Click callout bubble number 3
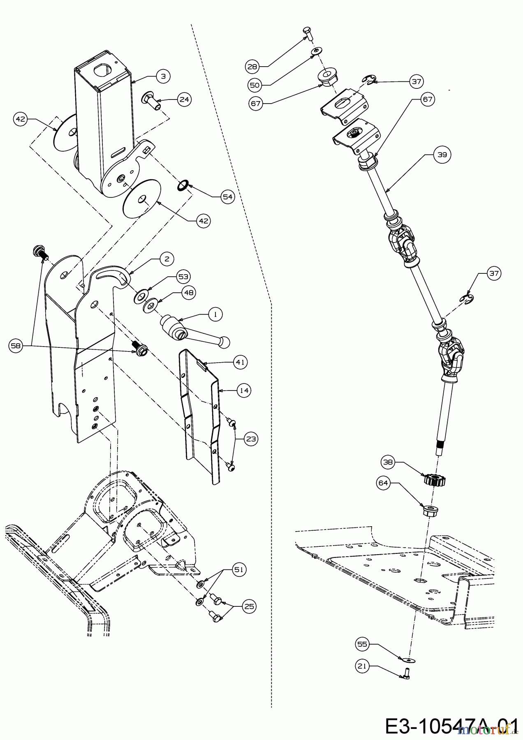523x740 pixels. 163,77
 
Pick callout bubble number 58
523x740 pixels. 16,347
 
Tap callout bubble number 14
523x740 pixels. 244,390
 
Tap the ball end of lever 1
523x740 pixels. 224,341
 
